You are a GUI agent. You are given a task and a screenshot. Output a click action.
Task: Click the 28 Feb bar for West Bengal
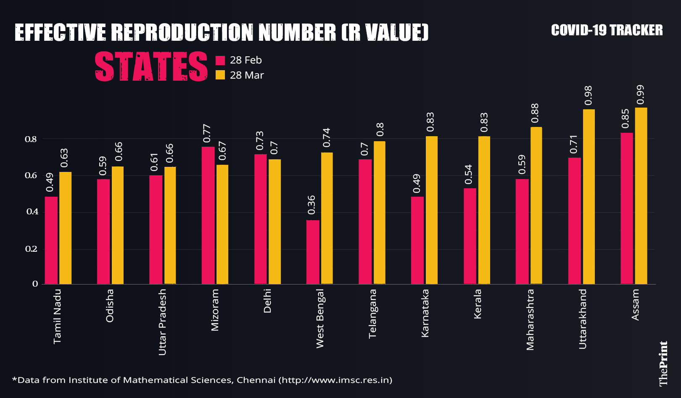pyautogui.click(x=313, y=252)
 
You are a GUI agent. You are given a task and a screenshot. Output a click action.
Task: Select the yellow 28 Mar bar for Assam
pyautogui.click(x=641, y=196)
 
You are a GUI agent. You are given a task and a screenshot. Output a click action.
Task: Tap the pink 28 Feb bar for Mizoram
pyautogui.click(x=208, y=215)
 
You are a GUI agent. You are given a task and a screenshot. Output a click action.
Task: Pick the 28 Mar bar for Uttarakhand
pyautogui.click(x=589, y=197)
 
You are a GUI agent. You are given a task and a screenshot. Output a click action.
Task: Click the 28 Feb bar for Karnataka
pyautogui.click(x=417, y=240)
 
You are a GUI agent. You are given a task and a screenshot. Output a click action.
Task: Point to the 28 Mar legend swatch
pyautogui.click(x=220, y=75)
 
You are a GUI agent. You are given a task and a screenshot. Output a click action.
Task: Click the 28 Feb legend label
pyautogui.click(x=245, y=60)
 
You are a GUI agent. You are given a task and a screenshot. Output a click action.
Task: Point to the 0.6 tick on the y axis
pyautogui.click(x=31, y=176)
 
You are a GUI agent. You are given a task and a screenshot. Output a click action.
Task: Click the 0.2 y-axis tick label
pyautogui.click(x=31, y=249)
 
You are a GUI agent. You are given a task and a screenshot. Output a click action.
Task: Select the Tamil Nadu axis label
pyautogui.click(x=58, y=316)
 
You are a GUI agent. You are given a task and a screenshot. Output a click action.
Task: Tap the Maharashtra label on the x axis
pyautogui.click(x=530, y=319)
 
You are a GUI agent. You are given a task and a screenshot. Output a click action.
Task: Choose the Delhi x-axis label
pyautogui.click(x=267, y=301)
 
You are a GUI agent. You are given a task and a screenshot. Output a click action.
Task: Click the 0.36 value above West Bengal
pyautogui.click(x=311, y=205)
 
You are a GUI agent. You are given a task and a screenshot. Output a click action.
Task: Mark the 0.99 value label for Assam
pyautogui.click(x=640, y=95)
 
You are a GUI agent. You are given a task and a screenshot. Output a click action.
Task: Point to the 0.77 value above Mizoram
pyautogui.click(x=207, y=133)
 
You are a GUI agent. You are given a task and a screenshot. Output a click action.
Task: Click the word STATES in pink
pyautogui.click(x=151, y=66)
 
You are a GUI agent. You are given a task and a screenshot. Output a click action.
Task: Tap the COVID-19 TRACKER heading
pyautogui.click(x=607, y=30)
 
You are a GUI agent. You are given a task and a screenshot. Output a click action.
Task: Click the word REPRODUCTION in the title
pyautogui.click(x=182, y=32)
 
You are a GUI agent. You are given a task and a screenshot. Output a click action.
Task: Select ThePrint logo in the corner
pyautogui.click(x=663, y=364)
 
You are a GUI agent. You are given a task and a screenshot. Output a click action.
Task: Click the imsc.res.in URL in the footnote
pyautogui.click(x=336, y=380)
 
